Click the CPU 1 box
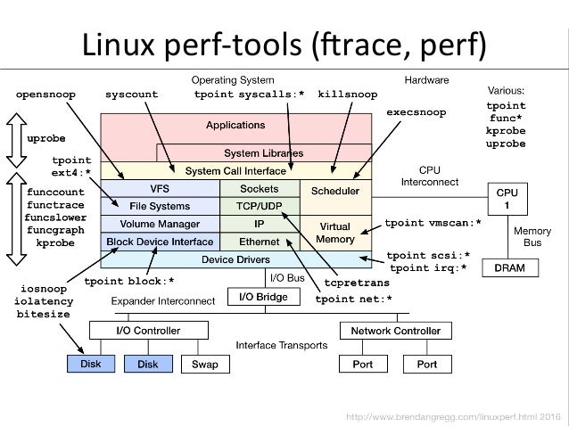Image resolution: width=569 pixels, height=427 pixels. pyautogui.click(x=507, y=198)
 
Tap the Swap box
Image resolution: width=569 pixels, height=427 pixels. pyautogui.click(x=205, y=365)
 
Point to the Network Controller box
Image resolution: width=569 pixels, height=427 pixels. pyautogui.click(x=390, y=331)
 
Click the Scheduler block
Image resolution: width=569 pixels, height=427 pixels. pyautogui.click(x=335, y=191)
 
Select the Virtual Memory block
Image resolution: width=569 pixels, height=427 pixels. pyautogui.click(x=335, y=233)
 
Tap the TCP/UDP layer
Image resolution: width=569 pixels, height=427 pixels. pyautogui.click(x=260, y=207)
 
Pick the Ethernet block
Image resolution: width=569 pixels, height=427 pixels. pyautogui.click(x=260, y=241)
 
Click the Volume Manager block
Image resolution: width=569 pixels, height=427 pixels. pyautogui.click(x=161, y=224)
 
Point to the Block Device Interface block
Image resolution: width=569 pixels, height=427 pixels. pyautogui.click(x=161, y=241)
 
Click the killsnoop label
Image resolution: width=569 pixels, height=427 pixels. pyautogui.click(x=347, y=94)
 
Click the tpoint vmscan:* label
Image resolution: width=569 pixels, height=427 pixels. pyautogui.click(x=433, y=222)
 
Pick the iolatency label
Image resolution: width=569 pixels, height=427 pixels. pyautogui.click(x=45, y=302)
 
